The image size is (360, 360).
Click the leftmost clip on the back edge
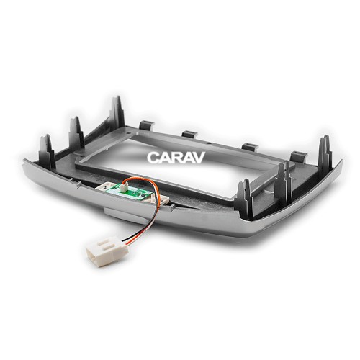click(147, 125)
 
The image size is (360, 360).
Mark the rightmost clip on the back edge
click(296, 156)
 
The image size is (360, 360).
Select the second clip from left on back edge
click(190, 134)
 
